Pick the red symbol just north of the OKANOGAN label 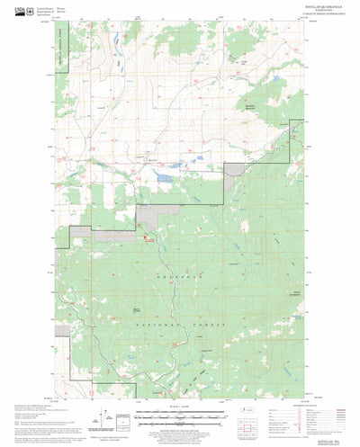147,238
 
